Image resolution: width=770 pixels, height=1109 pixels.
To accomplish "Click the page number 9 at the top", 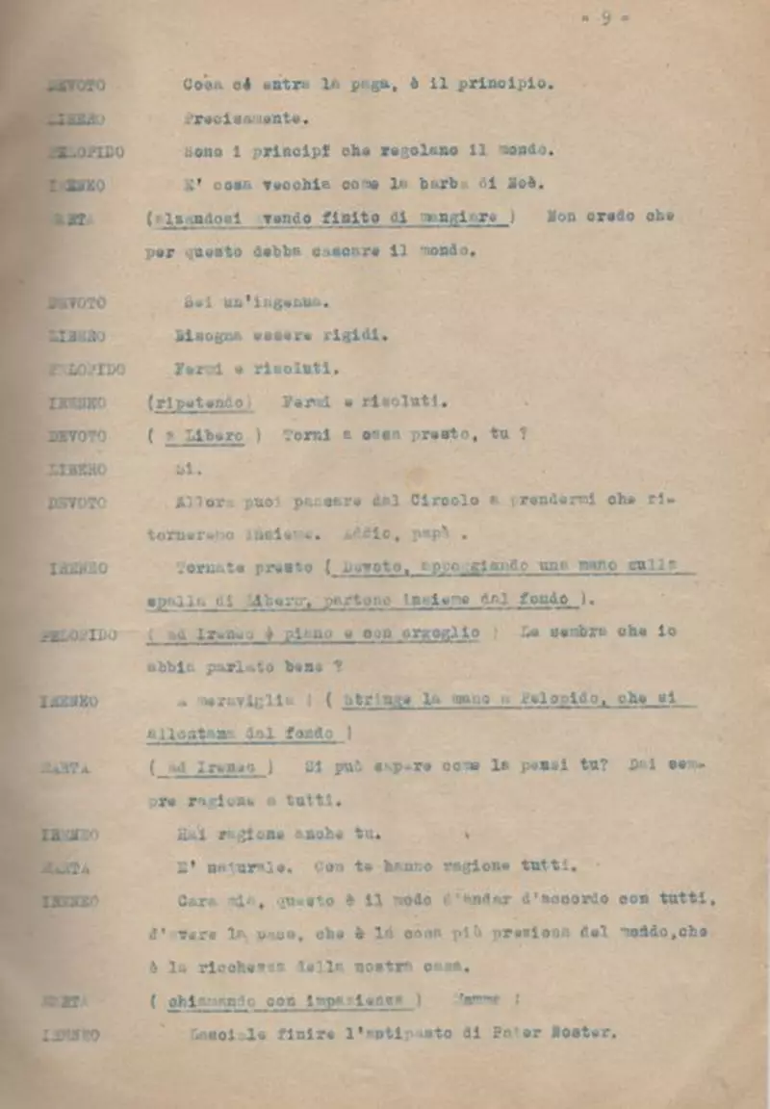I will [606, 18].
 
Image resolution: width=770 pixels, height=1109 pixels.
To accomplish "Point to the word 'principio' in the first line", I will [505, 85].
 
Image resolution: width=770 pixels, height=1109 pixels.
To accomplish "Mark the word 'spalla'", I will [168, 601].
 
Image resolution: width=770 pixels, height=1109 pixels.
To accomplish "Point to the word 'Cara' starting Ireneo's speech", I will [197, 900].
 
